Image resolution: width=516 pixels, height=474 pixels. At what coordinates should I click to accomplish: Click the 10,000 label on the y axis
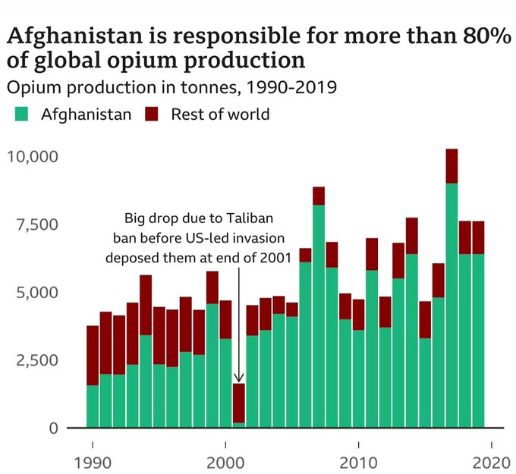(33, 157)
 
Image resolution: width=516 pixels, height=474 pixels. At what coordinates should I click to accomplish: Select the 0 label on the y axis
(52, 428)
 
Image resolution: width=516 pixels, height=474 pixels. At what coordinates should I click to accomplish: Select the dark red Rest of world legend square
(152, 115)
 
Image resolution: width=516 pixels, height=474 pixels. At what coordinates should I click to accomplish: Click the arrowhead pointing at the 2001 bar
(239, 377)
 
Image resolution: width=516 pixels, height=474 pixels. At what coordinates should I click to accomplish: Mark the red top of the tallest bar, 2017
(451, 165)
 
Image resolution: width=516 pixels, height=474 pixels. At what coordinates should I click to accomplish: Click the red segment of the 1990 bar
(93, 356)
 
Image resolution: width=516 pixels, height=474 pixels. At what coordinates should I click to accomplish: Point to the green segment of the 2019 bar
(478, 341)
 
